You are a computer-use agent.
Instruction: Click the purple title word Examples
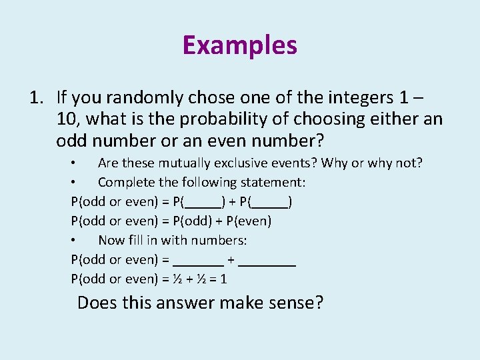(239, 45)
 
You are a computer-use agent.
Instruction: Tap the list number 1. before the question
(37, 98)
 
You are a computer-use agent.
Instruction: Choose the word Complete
(125, 182)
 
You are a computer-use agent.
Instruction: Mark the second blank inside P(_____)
(271, 202)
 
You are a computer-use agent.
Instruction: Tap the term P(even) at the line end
(249, 221)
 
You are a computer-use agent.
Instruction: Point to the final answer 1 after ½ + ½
(223, 279)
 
